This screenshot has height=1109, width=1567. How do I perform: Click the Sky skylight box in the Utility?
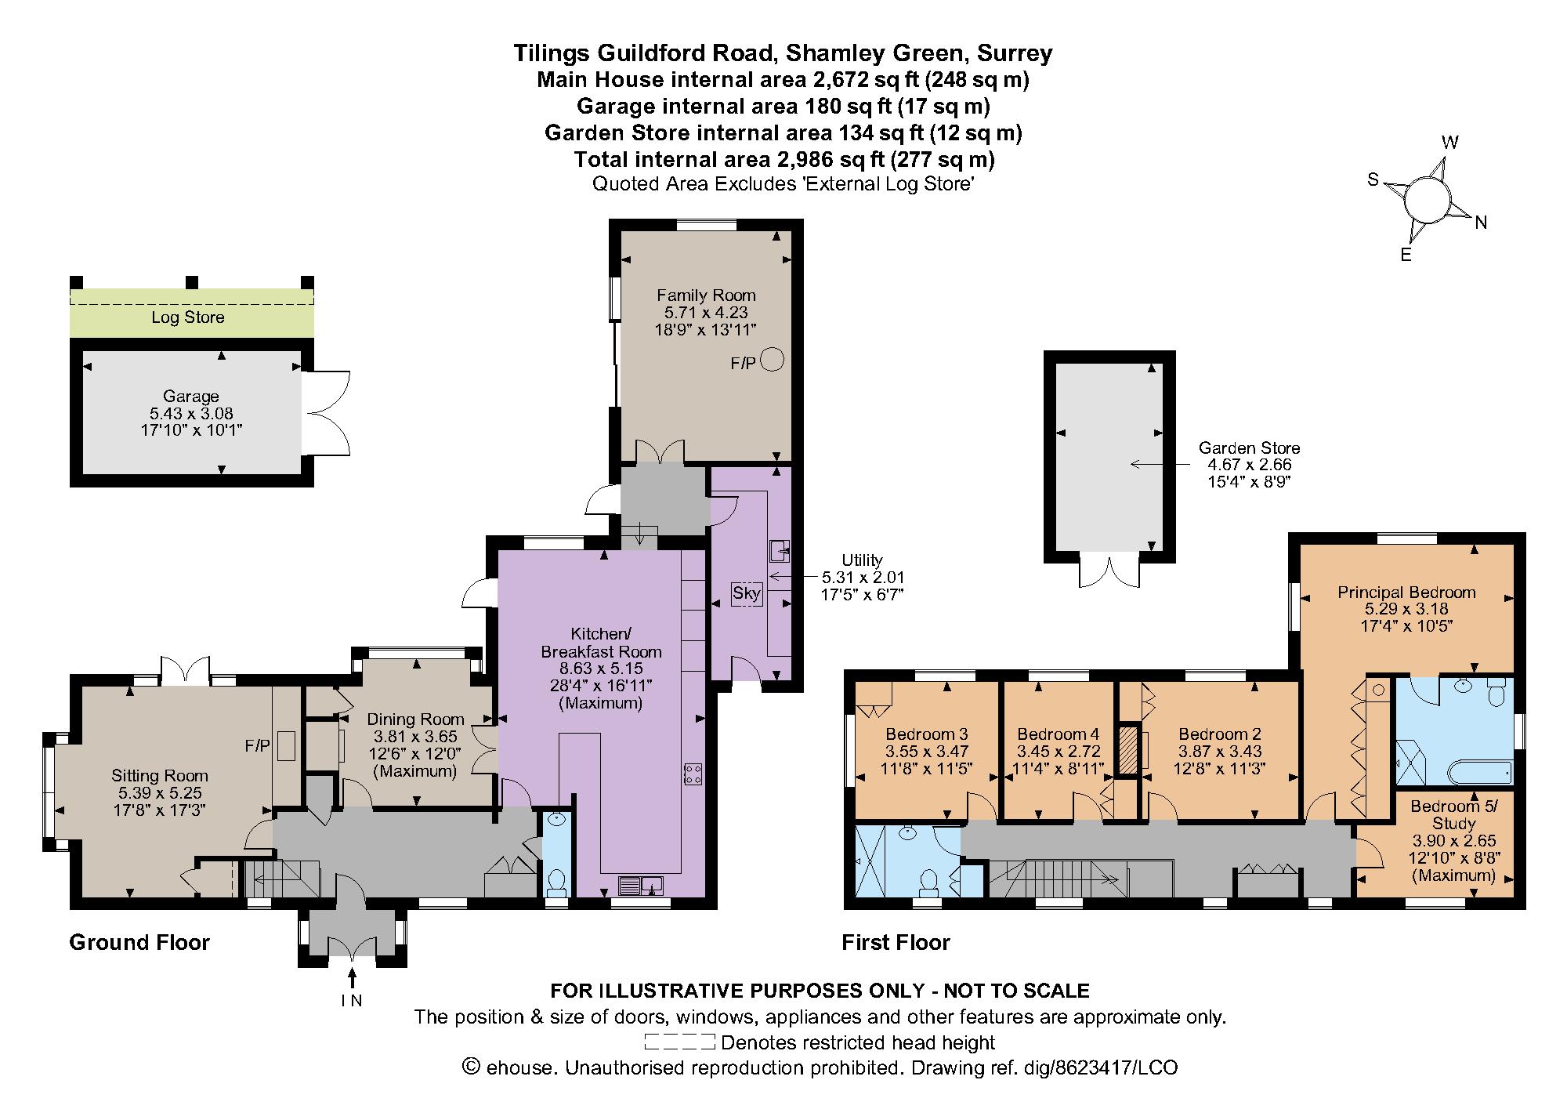pos(746,593)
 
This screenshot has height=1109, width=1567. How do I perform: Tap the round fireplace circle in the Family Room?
pos(773,360)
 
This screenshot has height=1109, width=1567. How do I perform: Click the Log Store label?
pos(188,317)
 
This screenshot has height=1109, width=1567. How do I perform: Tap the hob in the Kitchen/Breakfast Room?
pos(693,774)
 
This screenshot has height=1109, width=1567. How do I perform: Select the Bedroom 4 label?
pos(1058,734)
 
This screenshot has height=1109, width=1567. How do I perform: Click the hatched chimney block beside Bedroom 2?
pos(1128,750)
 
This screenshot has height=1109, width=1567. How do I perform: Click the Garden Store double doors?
pos(1109,571)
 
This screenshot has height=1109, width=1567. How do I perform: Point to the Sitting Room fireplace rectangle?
pos(286,745)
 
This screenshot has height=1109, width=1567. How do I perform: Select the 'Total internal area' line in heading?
pos(783,160)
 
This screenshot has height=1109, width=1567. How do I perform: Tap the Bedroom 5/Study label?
pos(1453,814)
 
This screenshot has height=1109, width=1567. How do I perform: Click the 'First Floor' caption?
pos(896,942)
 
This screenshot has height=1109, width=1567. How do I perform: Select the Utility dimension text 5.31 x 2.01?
pos(862,578)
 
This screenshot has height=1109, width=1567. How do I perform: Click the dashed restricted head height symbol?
pos(679,1042)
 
